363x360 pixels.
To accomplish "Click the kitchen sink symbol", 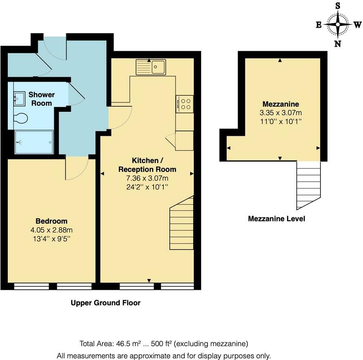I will coord(151,67).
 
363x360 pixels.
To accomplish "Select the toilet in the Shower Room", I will coord(20,118).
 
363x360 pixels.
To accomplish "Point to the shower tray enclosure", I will coord(34,142).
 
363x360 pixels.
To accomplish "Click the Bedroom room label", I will coord(51,221).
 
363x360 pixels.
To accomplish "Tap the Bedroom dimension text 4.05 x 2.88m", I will coord(51,229).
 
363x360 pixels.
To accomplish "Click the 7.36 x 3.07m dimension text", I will coord(147,178).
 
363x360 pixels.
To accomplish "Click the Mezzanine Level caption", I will coord(276,219).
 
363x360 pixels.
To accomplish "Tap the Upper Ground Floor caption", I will coord(105,303).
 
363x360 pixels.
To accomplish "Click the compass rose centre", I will coord(338,25).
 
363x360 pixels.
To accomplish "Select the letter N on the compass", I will coord(338,44).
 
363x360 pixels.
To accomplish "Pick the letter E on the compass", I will coord(318,25).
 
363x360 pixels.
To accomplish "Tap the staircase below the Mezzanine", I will coord(308,184).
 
